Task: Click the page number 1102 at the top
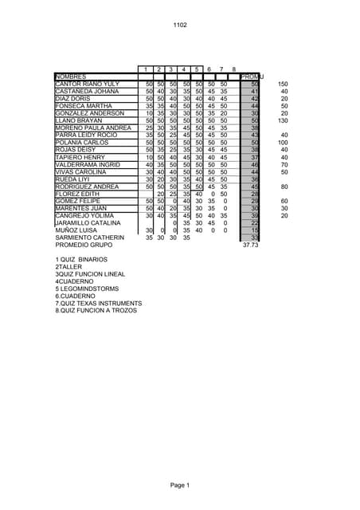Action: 180,25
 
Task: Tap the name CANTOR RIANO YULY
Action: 87,84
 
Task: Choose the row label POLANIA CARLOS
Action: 81,143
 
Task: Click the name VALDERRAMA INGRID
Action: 88,165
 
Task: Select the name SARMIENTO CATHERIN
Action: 89,237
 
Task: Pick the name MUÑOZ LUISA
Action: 76,230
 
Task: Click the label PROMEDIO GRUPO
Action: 84,245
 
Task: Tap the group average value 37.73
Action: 251,245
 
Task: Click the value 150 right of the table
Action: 283,84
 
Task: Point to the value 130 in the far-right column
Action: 283,120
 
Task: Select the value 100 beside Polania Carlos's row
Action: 283,143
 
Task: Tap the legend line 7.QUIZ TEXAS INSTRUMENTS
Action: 99,304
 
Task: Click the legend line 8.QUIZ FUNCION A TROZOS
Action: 96,311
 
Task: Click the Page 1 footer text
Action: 179,485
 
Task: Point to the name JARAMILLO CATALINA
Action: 88,223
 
